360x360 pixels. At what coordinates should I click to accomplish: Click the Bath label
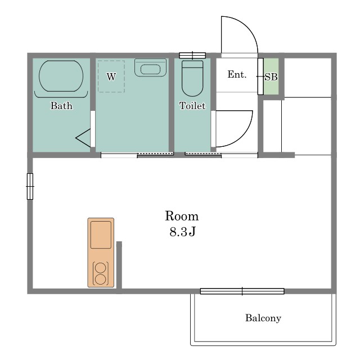(61, 106)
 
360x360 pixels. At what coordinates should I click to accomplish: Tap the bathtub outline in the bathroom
(39, 76)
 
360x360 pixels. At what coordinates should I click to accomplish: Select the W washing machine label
(111, 76)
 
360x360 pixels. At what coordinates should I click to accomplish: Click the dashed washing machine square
(98, 76)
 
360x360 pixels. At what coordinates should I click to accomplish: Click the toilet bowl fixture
(192, 78)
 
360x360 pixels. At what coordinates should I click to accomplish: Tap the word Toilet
(192, 106)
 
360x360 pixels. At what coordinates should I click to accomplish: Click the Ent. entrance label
(237, 74)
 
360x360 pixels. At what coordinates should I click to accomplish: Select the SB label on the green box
(271, 77)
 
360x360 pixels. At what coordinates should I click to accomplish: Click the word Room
(182, 216)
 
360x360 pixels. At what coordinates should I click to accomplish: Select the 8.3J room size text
(182, 231)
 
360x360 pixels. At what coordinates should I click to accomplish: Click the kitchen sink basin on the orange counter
(101, 235)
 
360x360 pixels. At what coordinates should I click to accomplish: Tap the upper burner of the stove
(101, 268)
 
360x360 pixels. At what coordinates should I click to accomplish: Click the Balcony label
(263, 318)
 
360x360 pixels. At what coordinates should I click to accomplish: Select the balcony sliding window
(242, 291)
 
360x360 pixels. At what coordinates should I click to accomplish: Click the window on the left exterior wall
(30, 186)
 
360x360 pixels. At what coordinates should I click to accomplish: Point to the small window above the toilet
(192, 55)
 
